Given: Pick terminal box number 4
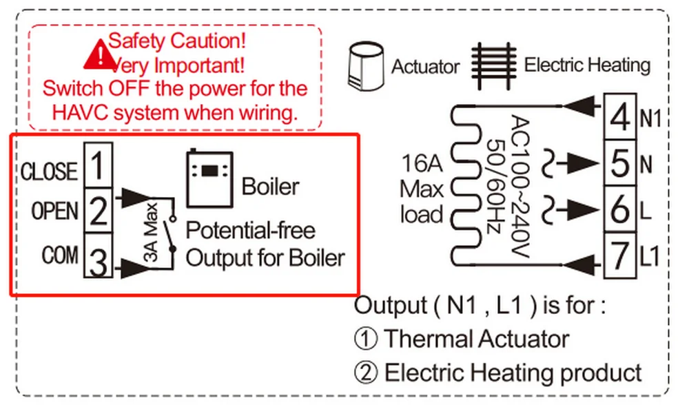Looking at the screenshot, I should (x=621, y=116).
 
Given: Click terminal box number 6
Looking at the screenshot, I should (x=621, y=209).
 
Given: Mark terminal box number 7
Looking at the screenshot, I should (x=621, y=255).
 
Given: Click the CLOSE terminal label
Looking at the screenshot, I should (x=50, y=171).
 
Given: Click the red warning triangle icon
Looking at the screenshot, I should (x=99, y=55).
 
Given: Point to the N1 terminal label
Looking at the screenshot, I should (x=650, y=119).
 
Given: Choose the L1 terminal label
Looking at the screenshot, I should (x=650, y=257).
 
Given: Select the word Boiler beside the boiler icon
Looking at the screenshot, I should (x=270, y=186).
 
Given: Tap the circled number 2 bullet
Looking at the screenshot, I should (x=365, y=373).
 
